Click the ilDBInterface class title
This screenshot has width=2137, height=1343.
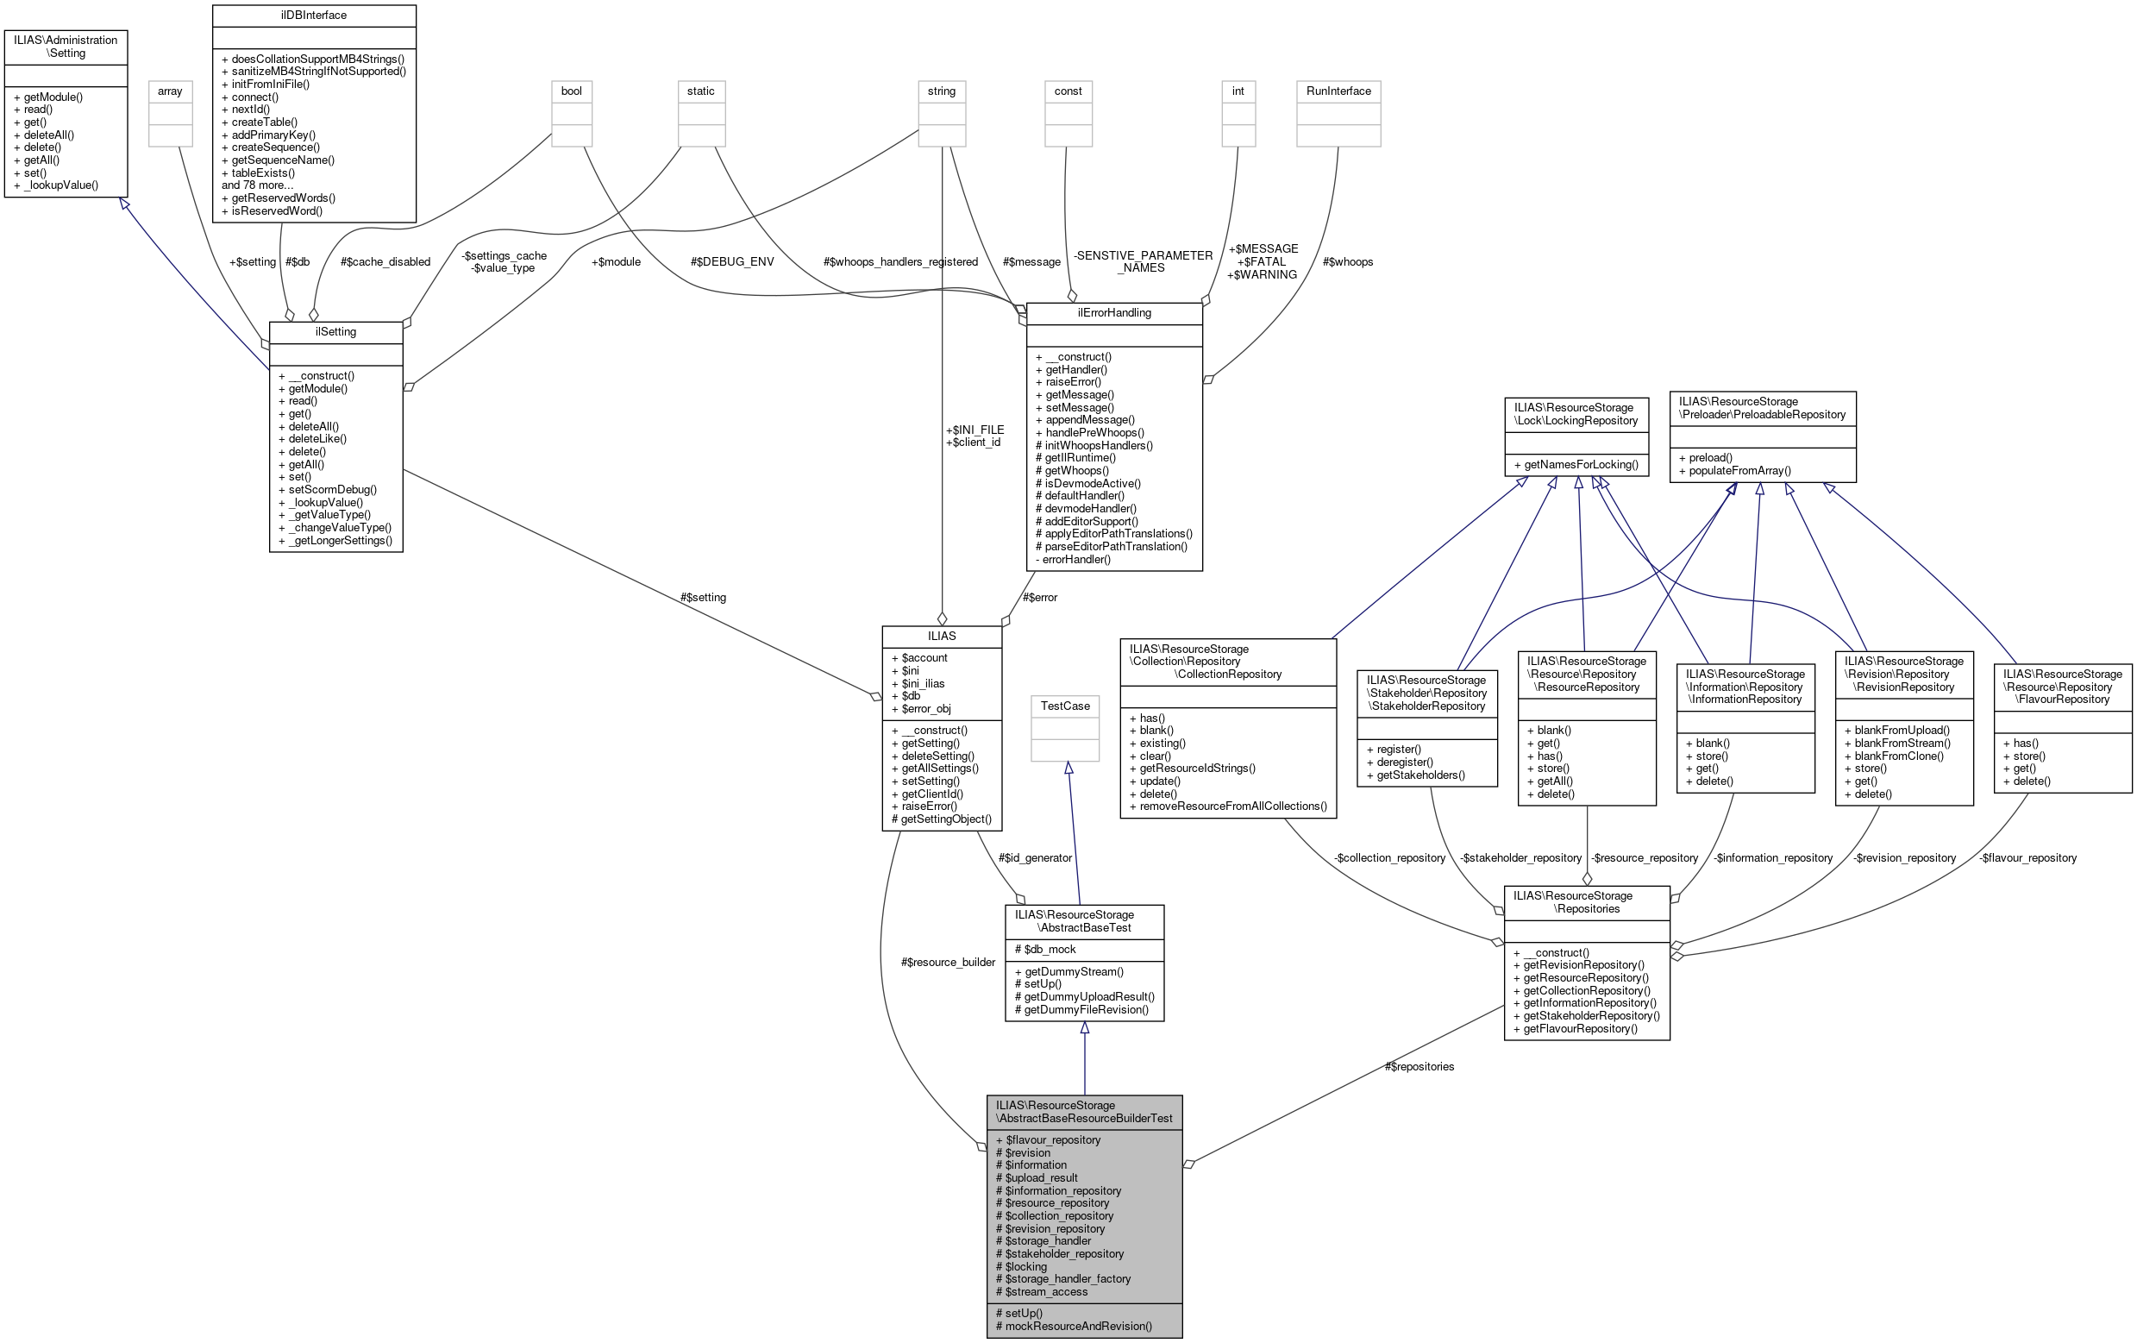313,15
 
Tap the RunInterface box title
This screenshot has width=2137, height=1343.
1338,91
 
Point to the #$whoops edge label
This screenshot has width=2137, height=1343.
1347,262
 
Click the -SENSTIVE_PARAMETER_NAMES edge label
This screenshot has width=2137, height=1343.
1142,262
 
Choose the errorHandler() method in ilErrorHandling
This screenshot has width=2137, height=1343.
1075,559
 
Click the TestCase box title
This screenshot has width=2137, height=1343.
1065,706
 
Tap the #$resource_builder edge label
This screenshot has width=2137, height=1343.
948,963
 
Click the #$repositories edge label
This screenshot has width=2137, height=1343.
1419,1067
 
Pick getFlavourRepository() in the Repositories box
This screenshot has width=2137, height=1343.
1580,1029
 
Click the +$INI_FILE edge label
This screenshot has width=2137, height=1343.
974,430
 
